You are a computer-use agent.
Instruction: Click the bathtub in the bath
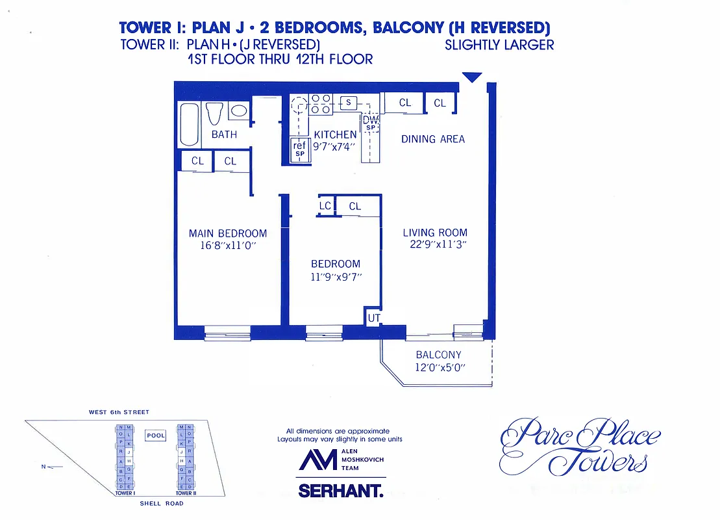click(190, 124)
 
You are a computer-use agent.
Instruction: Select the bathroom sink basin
click(239, 110)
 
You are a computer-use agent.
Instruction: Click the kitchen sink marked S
click(349, 102)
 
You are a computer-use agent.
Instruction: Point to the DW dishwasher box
click(371, 122)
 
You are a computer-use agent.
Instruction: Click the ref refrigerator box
click(299, 149)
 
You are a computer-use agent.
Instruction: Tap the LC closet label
click(325, 206)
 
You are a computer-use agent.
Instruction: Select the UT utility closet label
click(374, 318)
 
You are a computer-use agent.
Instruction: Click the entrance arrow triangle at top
click(472, 77)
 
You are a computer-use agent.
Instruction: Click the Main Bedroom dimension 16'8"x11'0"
click(228, 246)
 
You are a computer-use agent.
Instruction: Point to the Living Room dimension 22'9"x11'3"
click(435, 244)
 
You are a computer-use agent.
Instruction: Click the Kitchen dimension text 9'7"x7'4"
click(335, 146)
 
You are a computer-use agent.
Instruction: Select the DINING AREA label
click(433, 139)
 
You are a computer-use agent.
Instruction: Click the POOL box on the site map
click(156, 435)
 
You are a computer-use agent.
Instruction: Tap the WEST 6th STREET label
click(119, 412)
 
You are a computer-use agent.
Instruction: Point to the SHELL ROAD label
click(162, 503)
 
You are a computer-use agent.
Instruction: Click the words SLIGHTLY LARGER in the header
click(499, 45)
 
